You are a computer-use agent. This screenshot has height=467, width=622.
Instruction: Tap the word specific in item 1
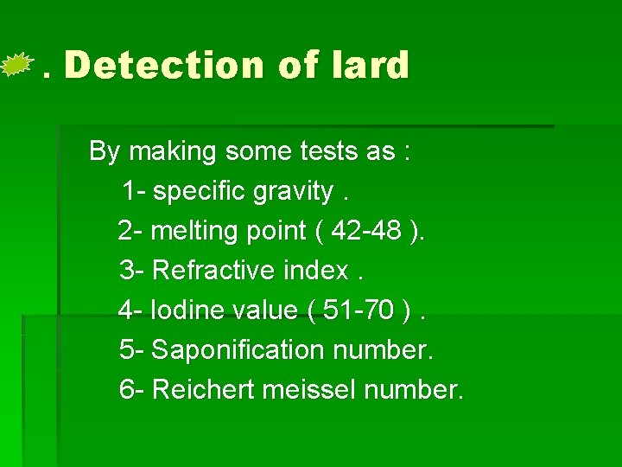[x=200, y=191]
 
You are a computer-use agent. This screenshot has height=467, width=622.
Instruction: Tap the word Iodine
[x=180, y=310]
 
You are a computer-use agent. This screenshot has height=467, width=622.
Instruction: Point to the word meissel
[x=308, y=390]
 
